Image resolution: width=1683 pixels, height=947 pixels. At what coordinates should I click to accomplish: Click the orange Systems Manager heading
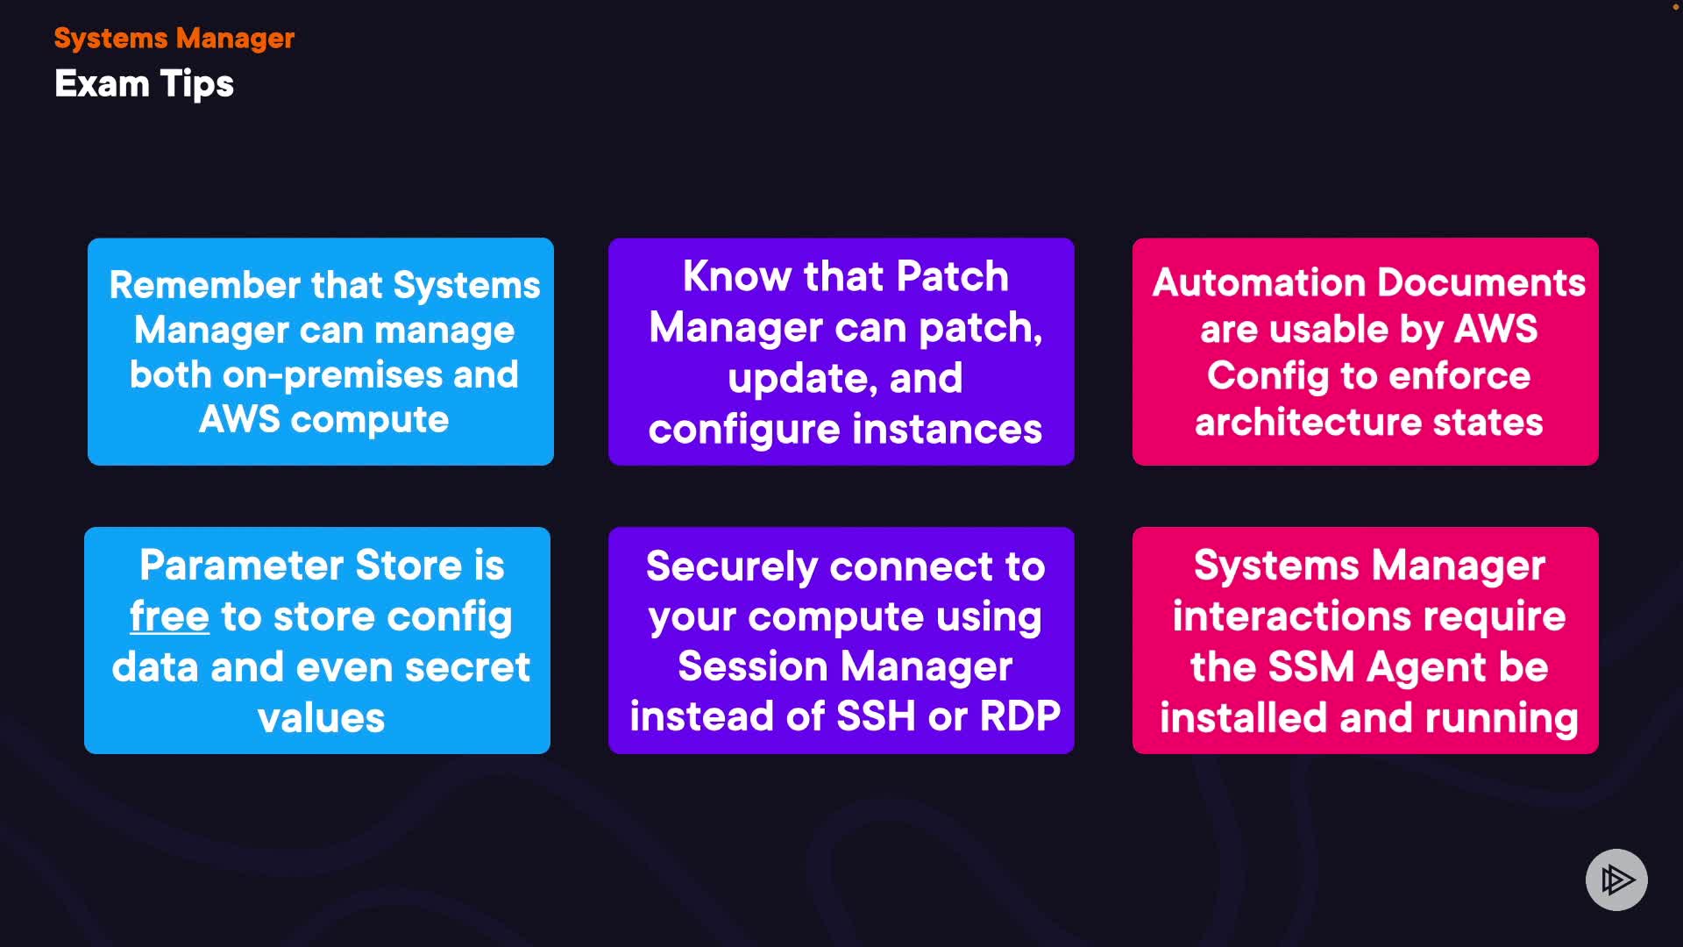click(174, 39)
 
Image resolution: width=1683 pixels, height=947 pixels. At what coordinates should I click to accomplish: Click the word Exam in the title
click(102, 84)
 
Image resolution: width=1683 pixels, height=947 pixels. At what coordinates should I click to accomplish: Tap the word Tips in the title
click(197, 85)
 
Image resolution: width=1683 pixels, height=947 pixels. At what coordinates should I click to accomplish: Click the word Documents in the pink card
click(1481, 283)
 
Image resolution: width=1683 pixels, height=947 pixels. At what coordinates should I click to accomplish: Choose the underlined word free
click(169, 616)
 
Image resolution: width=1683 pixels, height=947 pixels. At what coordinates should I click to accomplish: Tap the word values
click(321, 718)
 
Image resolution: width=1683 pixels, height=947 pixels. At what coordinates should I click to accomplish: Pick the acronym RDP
click(1019, 716)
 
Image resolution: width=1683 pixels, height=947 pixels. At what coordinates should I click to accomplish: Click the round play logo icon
click(1616, 879)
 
